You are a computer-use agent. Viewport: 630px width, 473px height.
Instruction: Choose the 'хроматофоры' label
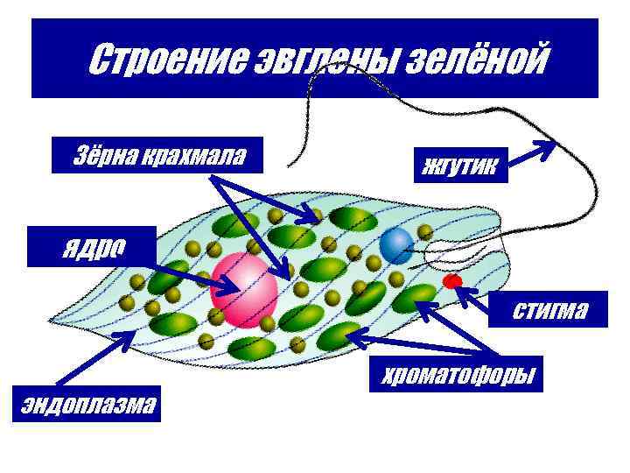click(455, 374)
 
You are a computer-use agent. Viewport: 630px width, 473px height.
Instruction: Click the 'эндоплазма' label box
click(87, 404)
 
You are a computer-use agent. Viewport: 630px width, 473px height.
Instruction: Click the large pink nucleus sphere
click(244, 288)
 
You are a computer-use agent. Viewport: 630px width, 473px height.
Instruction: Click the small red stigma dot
click(452, 281)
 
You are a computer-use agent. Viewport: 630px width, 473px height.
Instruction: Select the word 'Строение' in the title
click(165, 61)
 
